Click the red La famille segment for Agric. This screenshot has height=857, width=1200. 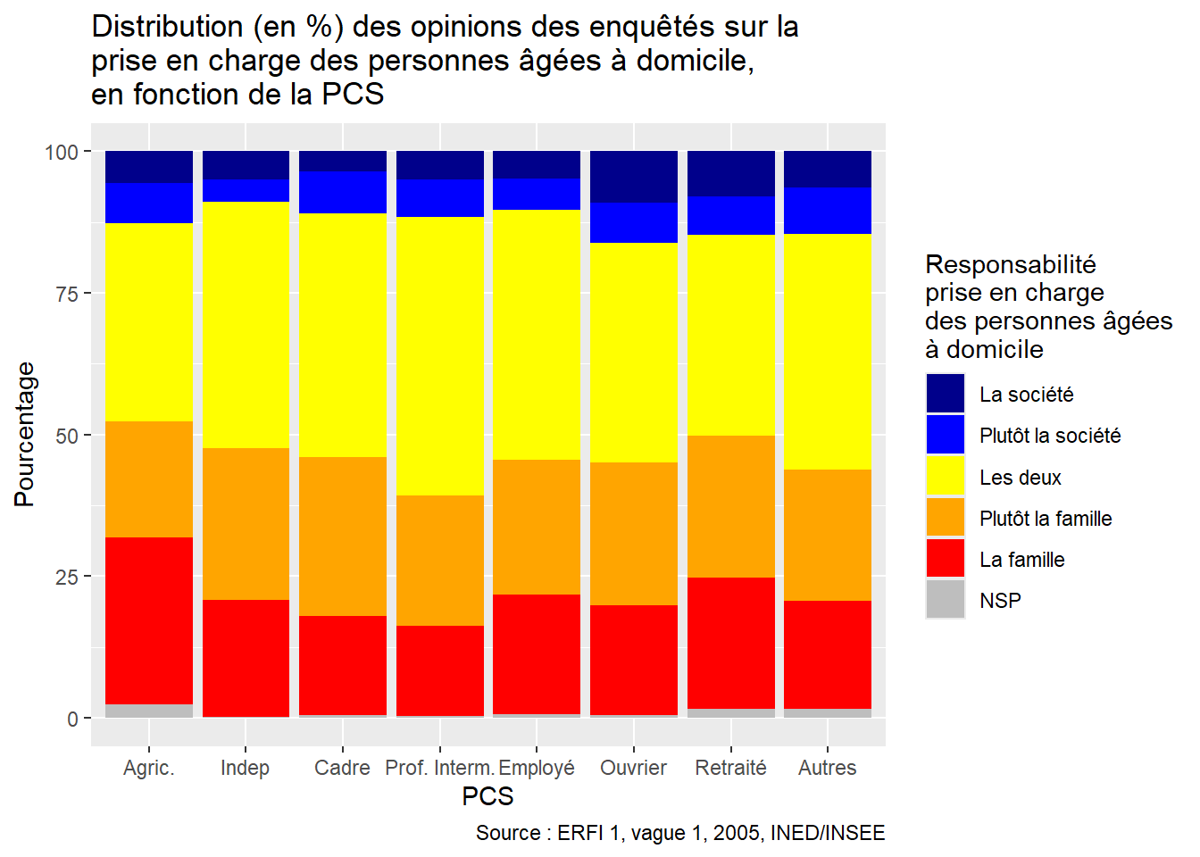149,620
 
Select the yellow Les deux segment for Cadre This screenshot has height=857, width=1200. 343,335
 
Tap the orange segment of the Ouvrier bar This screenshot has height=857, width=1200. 634,533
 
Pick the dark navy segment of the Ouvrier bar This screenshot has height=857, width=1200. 634,177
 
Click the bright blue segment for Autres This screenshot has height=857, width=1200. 828,211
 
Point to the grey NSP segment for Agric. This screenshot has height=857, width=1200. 149,711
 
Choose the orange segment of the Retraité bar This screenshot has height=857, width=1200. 731,506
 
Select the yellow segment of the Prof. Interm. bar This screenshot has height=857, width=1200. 440,356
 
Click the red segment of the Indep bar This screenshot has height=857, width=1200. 246,658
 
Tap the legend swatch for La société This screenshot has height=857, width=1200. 946,394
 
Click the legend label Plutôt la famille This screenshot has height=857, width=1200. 1046,519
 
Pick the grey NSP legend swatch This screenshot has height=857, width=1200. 946,600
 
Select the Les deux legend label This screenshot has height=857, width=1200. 1020,478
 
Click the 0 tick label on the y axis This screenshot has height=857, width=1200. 73,720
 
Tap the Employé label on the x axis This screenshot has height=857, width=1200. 537,768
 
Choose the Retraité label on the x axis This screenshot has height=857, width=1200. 731,768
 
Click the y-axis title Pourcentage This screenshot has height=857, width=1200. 25,435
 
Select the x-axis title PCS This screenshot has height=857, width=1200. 487,795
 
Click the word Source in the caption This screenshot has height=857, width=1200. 507,833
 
